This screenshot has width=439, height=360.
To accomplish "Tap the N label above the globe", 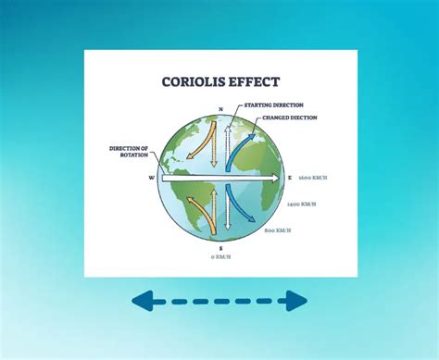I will [219, 109].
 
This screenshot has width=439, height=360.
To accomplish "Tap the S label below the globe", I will [219, 247].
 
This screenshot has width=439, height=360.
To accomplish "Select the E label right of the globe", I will [290, 177].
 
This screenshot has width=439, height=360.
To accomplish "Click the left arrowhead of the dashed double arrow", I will [143, 300].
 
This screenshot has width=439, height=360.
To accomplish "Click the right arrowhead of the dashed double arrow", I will [295, 300].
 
